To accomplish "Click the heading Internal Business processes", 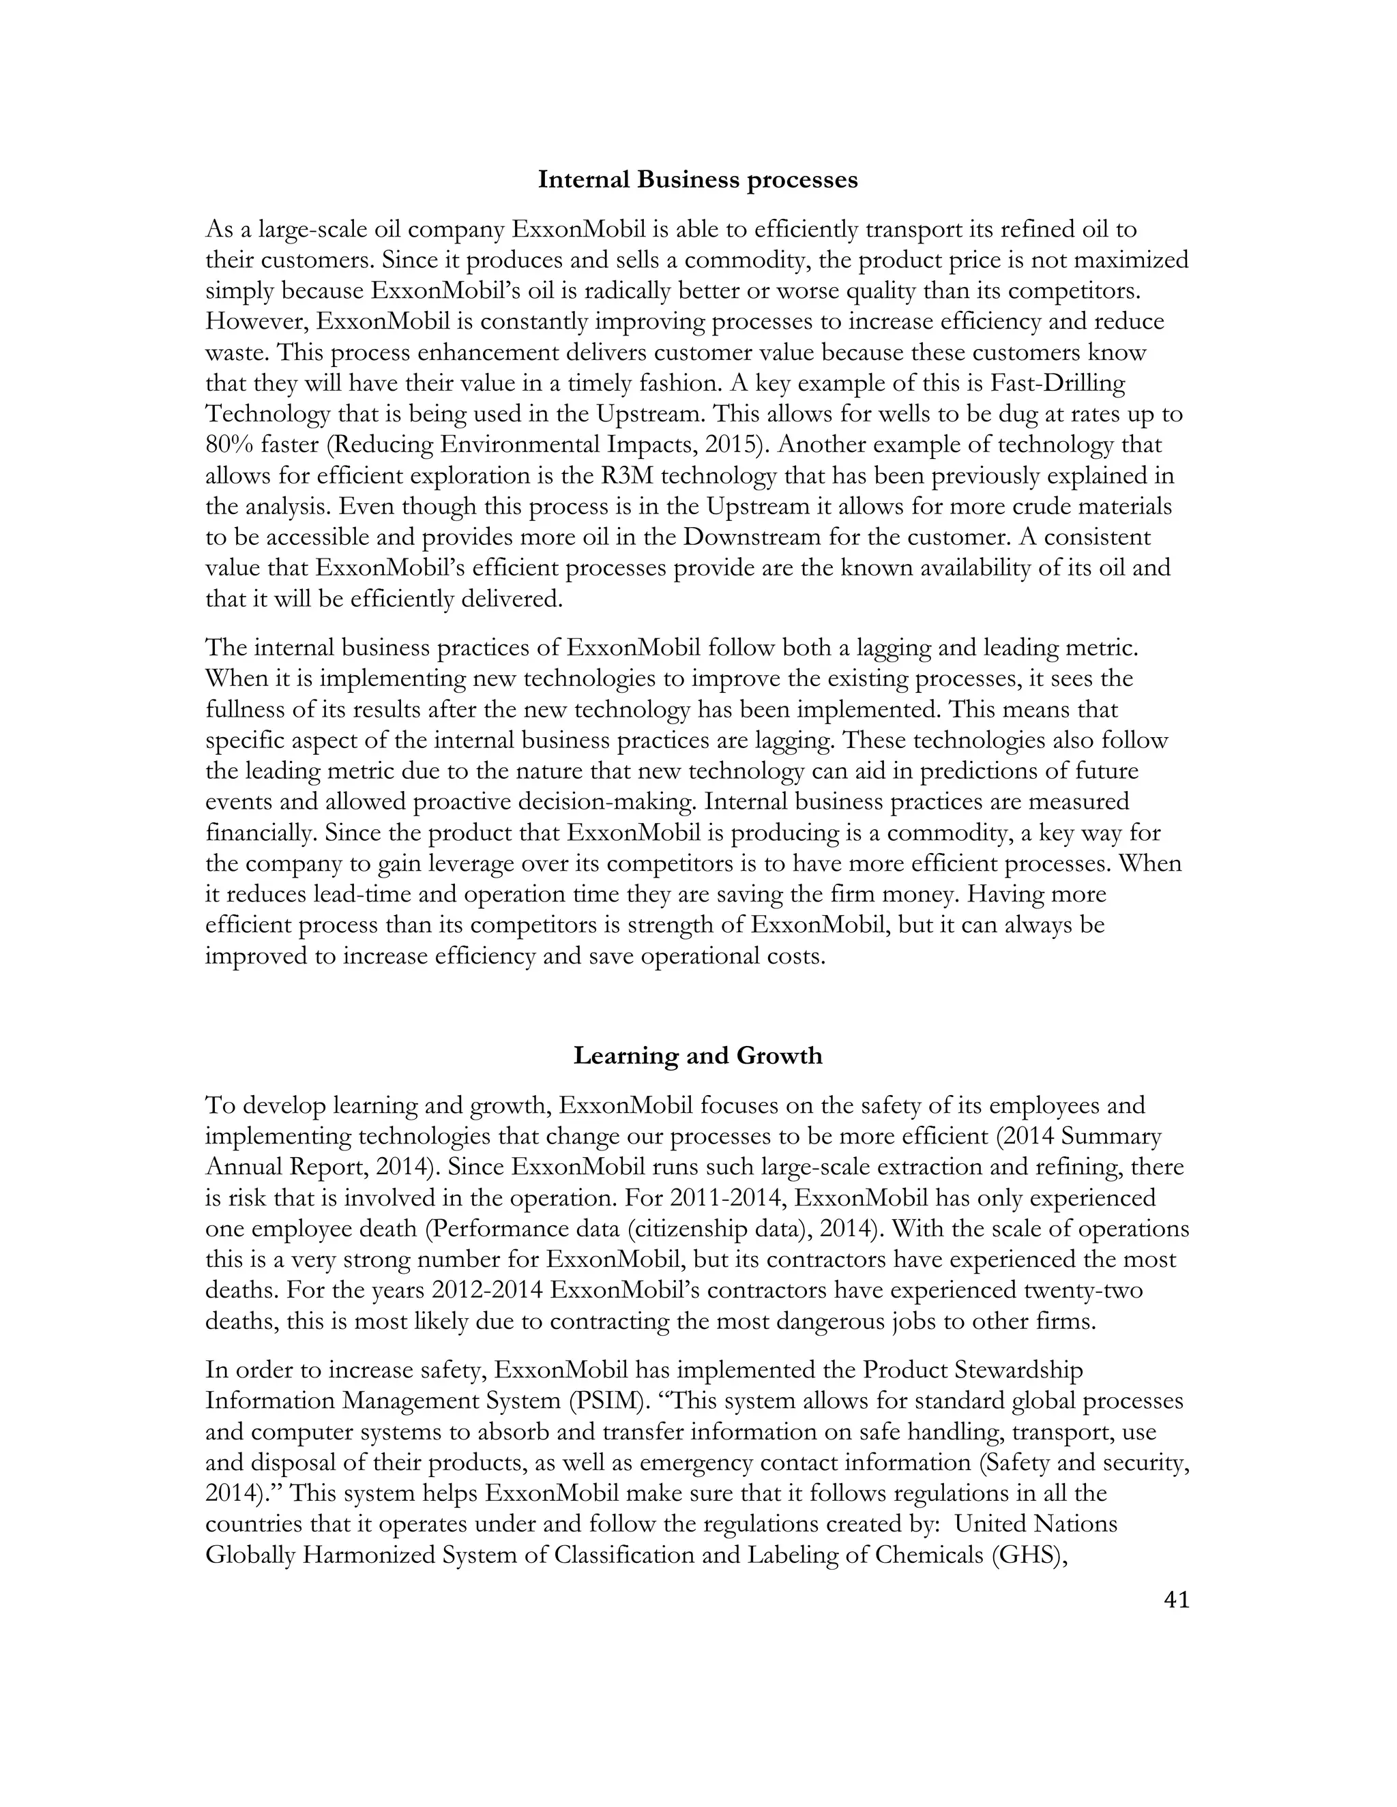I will click(698, 179).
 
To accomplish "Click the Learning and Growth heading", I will click(698, 1056).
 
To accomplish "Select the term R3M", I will click(634, 476).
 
